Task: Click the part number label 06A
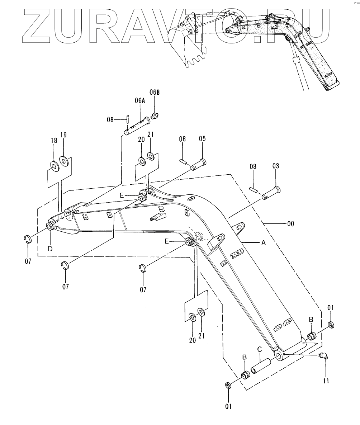tap(140, 101)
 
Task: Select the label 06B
tap(155, 93)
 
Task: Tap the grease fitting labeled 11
tap(324, 356)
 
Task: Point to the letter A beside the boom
tap(263, 243)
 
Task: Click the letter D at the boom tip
tap(51, 249)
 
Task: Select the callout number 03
tap(275, 166)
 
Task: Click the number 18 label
tap(54, 141)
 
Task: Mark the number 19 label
tap(63, 135)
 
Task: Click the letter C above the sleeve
tap(260, 349)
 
